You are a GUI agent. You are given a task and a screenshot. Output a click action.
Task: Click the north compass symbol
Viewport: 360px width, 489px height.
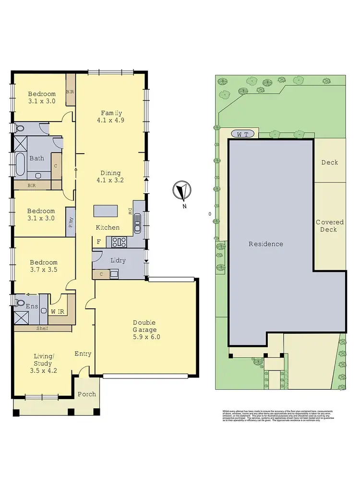182,191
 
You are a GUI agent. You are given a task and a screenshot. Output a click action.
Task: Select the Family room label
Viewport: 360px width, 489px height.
111,117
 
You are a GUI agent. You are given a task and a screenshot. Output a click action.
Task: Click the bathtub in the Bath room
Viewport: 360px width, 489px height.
21,164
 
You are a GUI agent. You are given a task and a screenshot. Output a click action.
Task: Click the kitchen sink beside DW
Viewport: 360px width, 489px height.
138,222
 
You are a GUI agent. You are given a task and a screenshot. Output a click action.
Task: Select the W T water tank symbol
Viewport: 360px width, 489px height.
242,134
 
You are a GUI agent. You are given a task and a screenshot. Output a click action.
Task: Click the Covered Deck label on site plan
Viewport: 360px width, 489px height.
329,226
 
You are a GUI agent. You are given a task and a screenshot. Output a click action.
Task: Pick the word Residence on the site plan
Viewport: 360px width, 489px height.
265,244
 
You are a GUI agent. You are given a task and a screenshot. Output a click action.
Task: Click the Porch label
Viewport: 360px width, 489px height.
87,394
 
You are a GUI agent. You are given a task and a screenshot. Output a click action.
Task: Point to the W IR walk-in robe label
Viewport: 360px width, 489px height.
57,311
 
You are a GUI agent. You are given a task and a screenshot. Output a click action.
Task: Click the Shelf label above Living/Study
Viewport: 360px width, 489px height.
43,329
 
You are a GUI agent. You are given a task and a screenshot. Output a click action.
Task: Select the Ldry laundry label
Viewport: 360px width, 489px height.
118,260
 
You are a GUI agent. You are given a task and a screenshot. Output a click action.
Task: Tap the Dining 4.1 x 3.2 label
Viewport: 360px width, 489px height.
110,177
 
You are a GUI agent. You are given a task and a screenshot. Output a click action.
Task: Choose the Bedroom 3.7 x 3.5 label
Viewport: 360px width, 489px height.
44,266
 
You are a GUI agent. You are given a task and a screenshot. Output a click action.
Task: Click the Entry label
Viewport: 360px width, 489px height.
83,354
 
